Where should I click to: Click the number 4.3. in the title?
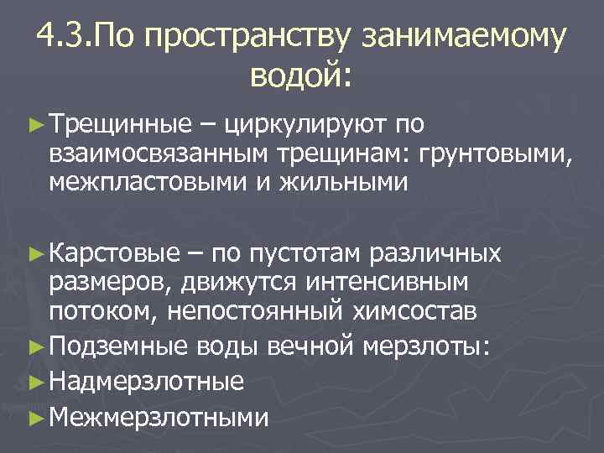pos(67,37)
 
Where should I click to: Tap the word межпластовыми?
pos(145,182)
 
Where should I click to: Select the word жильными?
pos(341,182)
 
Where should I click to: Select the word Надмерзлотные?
pos(147,382)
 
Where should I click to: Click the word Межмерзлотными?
pos(158,416)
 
